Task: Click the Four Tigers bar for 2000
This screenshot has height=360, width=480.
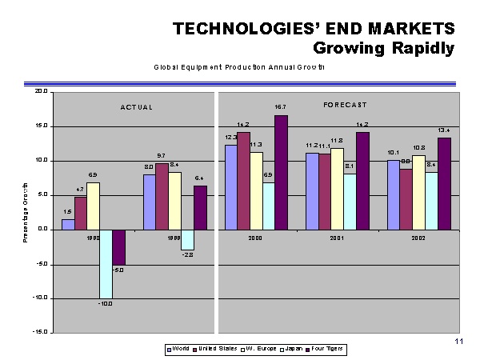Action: pos(281,172)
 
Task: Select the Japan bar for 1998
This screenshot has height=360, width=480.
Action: pos(106,264)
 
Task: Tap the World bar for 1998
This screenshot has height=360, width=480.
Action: pos(68,224)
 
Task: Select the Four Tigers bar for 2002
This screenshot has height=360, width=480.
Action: pos(444,183)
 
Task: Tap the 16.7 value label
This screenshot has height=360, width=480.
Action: pos(281,106)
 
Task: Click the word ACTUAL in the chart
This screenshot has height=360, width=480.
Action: pos(136,107)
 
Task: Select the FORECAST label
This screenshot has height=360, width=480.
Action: pos(346,105)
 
